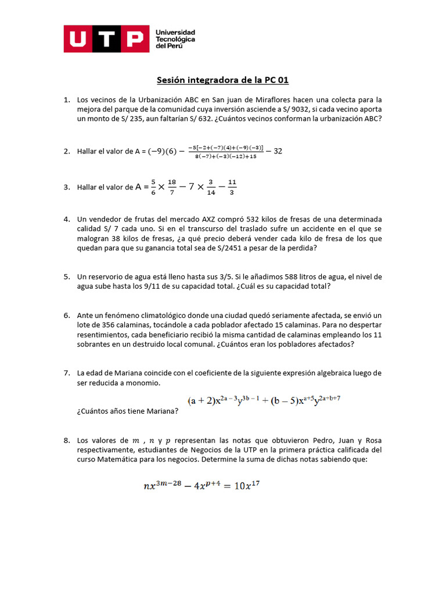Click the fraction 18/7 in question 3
click(171, 187)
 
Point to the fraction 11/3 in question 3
click(232, 187)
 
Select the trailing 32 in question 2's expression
click(278, 151)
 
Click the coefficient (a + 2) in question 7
click(200, 401)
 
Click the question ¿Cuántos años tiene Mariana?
click(127, 411)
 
